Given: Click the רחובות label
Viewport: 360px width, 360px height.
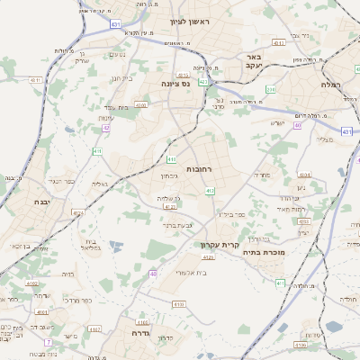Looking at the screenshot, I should (x=199, y=168).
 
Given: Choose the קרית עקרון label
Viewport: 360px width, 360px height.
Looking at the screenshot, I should (x=216, y=244).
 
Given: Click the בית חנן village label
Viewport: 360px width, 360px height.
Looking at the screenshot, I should (x=122, y=78).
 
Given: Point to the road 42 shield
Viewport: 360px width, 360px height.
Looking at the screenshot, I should (x=106, y=129).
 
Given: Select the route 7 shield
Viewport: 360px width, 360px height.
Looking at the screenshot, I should (x=48, y=342).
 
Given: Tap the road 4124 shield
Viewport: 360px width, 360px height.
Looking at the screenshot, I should (x=78, y=213).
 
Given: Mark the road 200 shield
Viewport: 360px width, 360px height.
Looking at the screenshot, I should (x=271, y=89).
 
